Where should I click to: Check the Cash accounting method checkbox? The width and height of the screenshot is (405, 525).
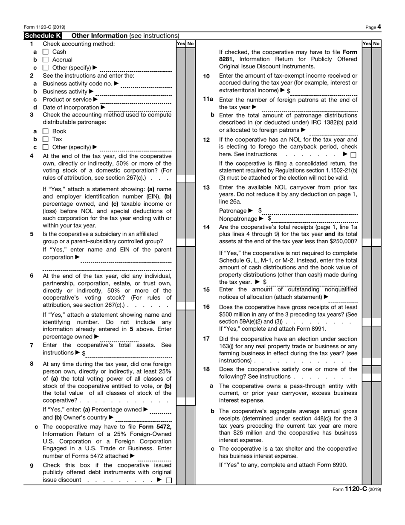click(46, 52)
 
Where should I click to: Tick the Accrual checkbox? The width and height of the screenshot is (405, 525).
click(46, 60)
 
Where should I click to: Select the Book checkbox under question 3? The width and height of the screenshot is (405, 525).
click(46, 131)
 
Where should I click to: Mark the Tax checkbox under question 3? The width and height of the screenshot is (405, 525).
click(46, 140)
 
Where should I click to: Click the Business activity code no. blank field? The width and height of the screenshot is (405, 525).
click(146, 84)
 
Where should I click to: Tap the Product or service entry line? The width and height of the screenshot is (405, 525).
click(136, 100)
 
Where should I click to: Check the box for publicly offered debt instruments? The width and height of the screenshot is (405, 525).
click(169, 480)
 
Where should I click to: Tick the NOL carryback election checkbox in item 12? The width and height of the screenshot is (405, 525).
click(353, 155)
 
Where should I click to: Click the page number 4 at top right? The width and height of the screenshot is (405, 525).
click(379, 27)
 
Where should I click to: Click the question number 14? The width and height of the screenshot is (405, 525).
click(206, 227)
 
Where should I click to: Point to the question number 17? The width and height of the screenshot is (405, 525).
click(206, 338)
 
